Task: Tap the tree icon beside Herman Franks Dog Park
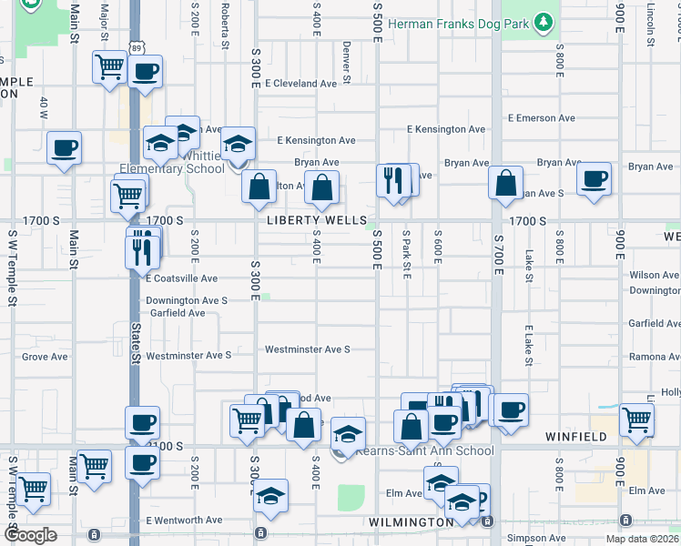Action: [x=544, y=22]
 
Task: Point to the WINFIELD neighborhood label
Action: [x=576, y=437]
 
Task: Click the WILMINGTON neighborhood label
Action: [x=411, y=522]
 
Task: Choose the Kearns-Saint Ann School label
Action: [x=424, y=451]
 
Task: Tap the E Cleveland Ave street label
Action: [x=300, y=84]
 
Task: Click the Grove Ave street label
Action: [x=46, y=357]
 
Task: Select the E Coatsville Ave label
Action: [x=182, y=278]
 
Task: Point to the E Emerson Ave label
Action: [x=542, y=118]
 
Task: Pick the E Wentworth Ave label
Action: [x=184, y=521]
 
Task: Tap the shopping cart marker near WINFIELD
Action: [x=636, y=420]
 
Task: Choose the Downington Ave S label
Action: [x=187, y=300]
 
